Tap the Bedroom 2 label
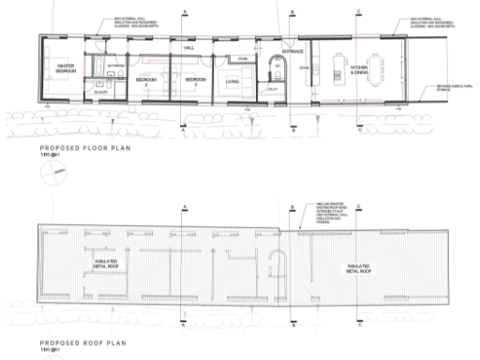coord(145,82)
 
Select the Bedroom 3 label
coord(191,82)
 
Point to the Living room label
coord(232,82)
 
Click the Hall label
coord(188,46)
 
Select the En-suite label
coord(101,91)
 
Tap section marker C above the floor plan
coord(360,11)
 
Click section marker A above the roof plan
coord(185,206)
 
